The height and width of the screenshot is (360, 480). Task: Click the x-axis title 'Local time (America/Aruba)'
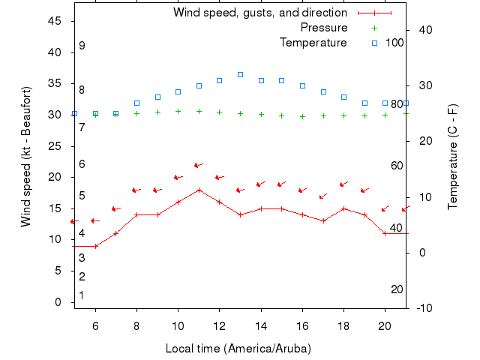[x=238, y=349]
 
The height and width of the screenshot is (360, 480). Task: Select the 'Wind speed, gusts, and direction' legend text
[x=260, y=13]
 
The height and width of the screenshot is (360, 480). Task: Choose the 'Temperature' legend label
[x=313, y=43]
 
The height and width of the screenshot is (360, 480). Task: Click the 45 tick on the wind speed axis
[x=55, y=21]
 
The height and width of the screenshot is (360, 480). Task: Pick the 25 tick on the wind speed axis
[x=55, y=146]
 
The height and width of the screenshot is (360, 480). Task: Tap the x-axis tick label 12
[x=219, y=326]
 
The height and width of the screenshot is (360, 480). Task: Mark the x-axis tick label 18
[x=343, y=326]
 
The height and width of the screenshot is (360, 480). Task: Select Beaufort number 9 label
[x=82, y=46]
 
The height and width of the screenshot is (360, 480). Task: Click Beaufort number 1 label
[x=82, y=295]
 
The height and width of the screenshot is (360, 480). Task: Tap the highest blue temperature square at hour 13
[x=240, y=74]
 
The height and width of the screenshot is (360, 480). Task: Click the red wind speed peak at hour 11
[x=199, y=190]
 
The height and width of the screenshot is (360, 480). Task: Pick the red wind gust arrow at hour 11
[x=198, y=165]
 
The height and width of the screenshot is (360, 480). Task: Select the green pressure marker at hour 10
[x=178, y=111]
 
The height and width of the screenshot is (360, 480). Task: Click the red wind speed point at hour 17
[x=323, y=220]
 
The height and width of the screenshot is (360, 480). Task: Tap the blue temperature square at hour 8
[x=136, y=103]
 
